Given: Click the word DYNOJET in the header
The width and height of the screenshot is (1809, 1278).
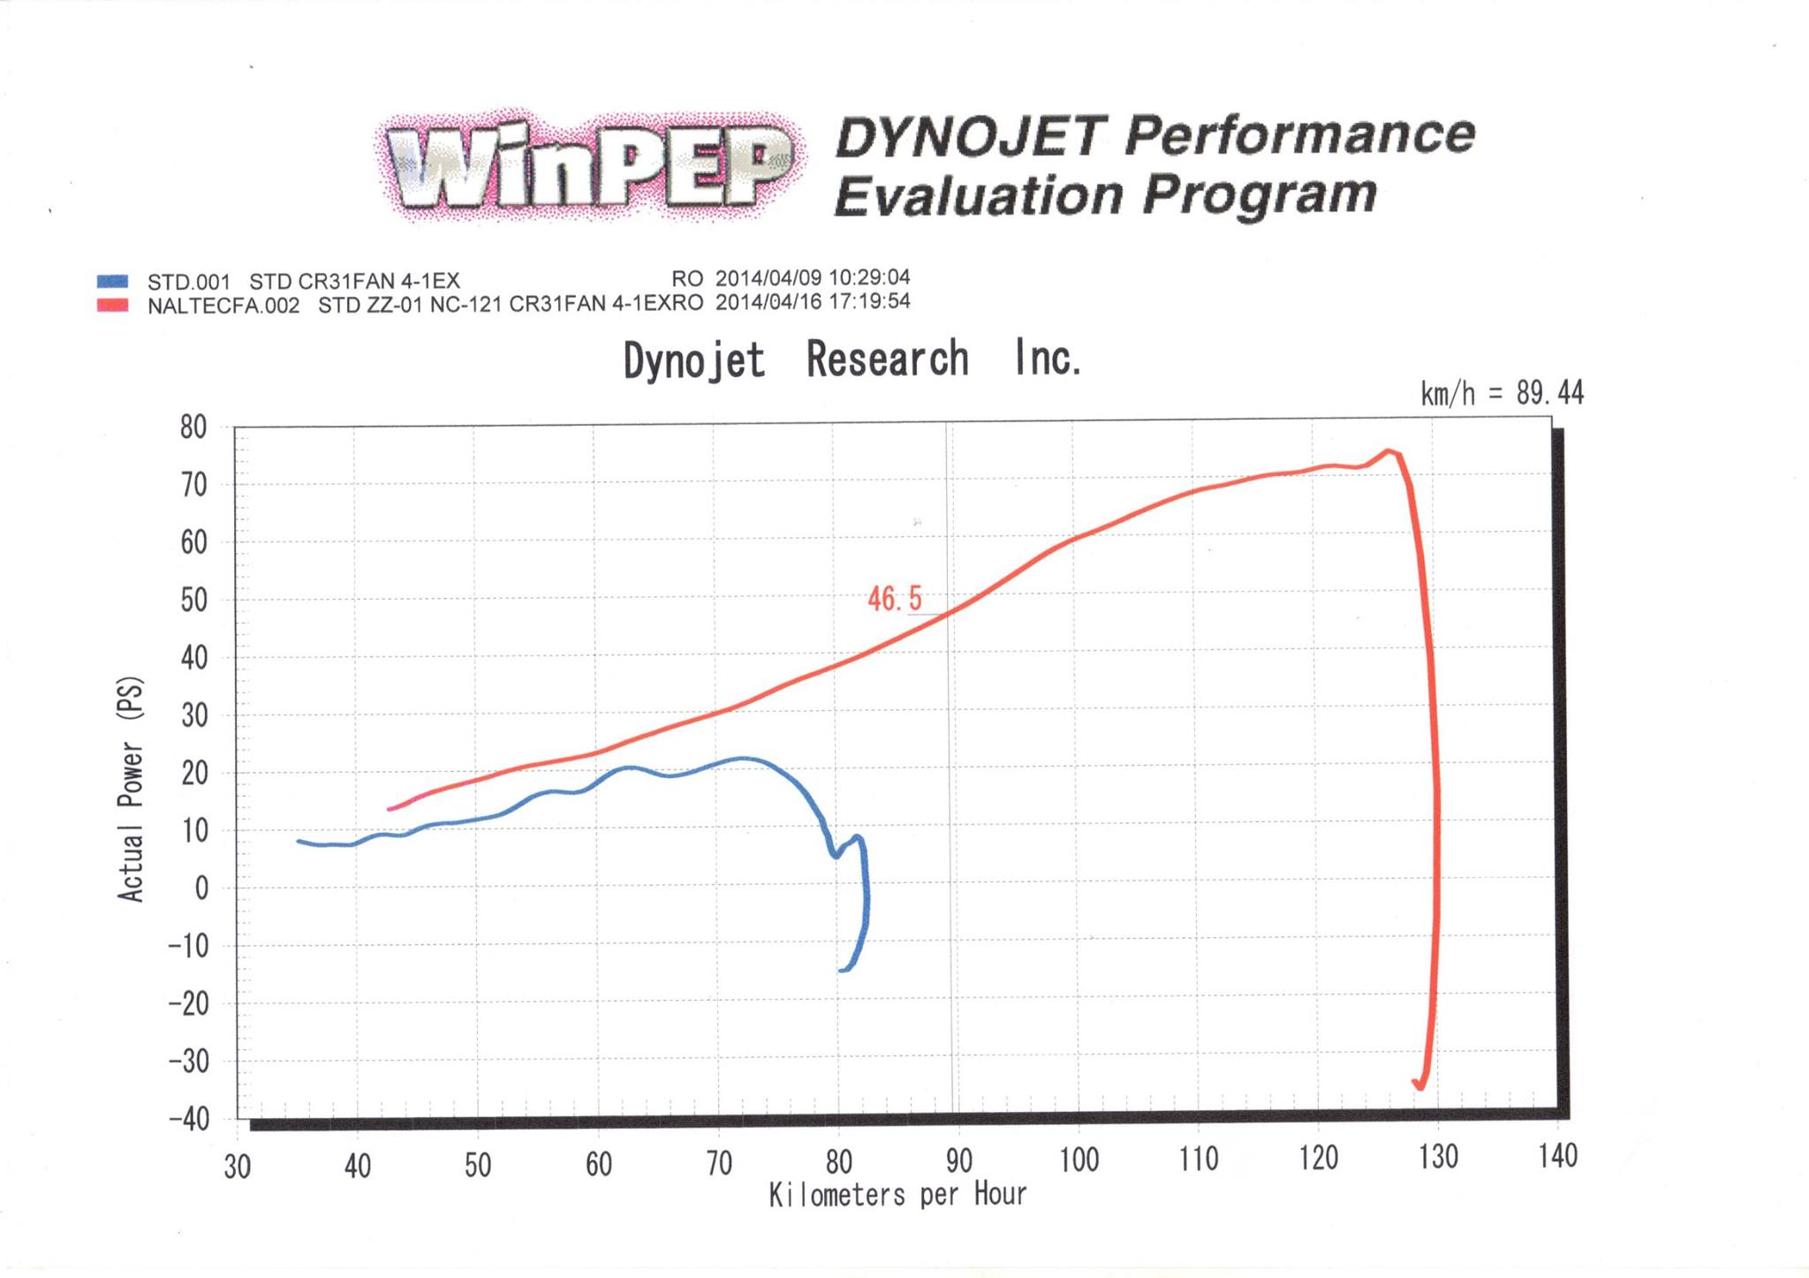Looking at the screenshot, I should [x=969, y=137].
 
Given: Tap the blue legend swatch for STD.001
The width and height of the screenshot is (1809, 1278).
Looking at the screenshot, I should [x=113, y=282].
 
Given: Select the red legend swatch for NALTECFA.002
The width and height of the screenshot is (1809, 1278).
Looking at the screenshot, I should [x=113, y=306].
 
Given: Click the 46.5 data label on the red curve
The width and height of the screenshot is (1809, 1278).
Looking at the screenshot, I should [x=894, y=599].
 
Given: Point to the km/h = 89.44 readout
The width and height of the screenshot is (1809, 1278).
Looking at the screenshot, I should [x=1502, y=393].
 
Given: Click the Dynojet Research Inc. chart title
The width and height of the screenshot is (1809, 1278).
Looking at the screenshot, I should [x=852, y=359].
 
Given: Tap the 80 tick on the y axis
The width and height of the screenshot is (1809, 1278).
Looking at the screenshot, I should [x=193, y=427].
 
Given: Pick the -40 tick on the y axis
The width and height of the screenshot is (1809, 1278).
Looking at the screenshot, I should [x=188, y=1119].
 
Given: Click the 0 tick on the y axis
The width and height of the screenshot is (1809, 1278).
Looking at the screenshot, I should [x=202, y=888].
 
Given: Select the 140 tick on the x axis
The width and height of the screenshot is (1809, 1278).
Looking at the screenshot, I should [x=1558, y=1156].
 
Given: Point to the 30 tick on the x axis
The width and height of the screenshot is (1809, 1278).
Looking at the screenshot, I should [x=238, y=1167].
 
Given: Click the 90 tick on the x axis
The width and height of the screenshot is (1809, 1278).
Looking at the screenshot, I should [x=959, y=1161].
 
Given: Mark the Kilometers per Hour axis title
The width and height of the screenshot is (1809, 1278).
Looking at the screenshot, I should [x=897, y=1195].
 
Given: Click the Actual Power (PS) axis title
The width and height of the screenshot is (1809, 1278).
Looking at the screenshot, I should [x=131, y=789].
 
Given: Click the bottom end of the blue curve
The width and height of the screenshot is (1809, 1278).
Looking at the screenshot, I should [x=842, y=971].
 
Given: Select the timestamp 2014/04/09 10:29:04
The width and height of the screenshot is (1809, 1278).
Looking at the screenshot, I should [x=813, y=278].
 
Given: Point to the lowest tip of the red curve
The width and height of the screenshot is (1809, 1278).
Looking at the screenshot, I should [x=1420, y=1087].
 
